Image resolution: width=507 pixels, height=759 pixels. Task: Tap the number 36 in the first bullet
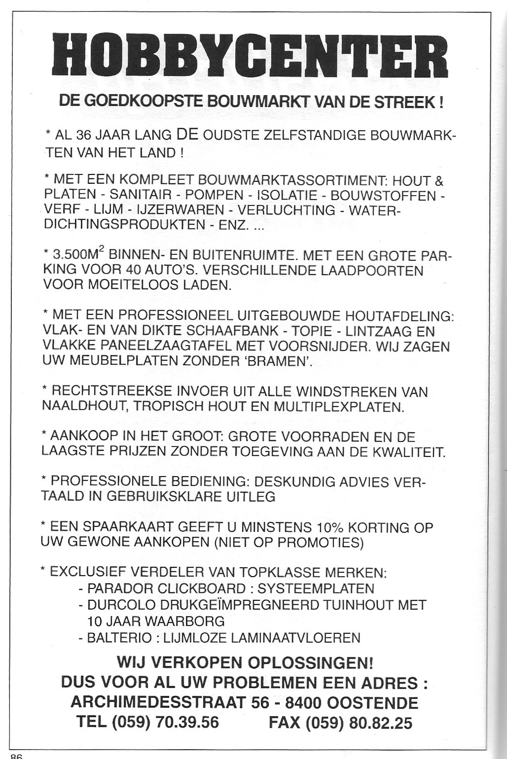(x=84, y=136)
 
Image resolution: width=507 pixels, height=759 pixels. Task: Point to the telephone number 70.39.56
(x=187, y=723)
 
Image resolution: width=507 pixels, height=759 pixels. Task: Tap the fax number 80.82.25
(x=380, y=723)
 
